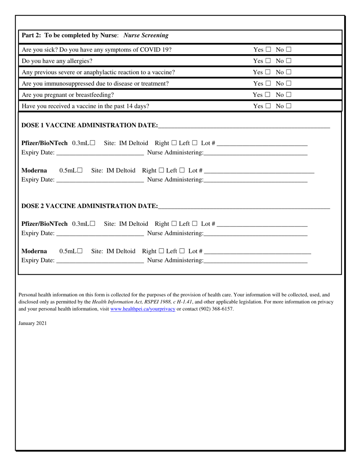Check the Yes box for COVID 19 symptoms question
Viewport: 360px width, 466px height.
(x=268, y=50)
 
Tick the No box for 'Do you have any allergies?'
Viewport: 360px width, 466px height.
(x=289, y=61)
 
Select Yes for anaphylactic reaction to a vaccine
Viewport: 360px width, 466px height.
(x=268, y=72)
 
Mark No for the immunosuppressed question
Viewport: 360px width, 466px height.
(x=289, y=84)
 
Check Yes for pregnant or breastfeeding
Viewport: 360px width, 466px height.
(x=268, y=95)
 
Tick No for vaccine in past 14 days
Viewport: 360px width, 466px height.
(x=289, y=106)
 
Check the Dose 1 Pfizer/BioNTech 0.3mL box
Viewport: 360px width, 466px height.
(x=92, y=143)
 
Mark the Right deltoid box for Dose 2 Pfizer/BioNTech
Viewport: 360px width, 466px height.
(x=174, y=224)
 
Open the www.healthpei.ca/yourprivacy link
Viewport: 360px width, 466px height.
(x=142, y=309)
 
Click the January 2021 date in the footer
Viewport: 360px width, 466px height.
(x=33, y=324)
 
